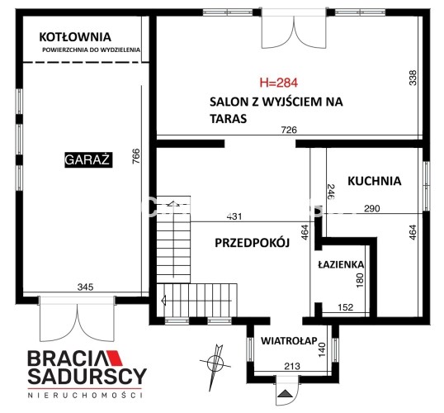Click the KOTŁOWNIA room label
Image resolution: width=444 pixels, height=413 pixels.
point(75,37)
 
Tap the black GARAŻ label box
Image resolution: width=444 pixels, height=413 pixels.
point(88,160)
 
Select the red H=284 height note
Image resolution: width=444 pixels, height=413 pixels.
point(279,83)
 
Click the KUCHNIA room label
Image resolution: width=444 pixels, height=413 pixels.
point(375,181)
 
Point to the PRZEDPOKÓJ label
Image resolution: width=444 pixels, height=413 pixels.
point(252,243)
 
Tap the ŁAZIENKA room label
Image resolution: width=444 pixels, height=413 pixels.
point(341,264)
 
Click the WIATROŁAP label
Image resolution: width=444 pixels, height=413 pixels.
point(289,340)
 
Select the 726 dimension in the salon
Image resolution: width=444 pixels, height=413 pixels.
point(289,130)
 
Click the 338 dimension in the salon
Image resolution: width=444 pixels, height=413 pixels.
point(413,78)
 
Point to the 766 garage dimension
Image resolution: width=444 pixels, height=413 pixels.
point(136,156)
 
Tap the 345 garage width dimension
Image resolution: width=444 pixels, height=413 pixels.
point(85,287)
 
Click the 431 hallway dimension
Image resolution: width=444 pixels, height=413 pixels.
point(234,216)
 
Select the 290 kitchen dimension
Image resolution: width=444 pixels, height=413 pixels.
point(372,208)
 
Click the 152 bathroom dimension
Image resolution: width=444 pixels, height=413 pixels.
point(346,307)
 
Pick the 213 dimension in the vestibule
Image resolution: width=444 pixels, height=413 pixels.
point(292,366)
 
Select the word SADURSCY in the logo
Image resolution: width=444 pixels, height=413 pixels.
point(87,376)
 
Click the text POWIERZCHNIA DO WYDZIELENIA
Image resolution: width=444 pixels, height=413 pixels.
point(91,50)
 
